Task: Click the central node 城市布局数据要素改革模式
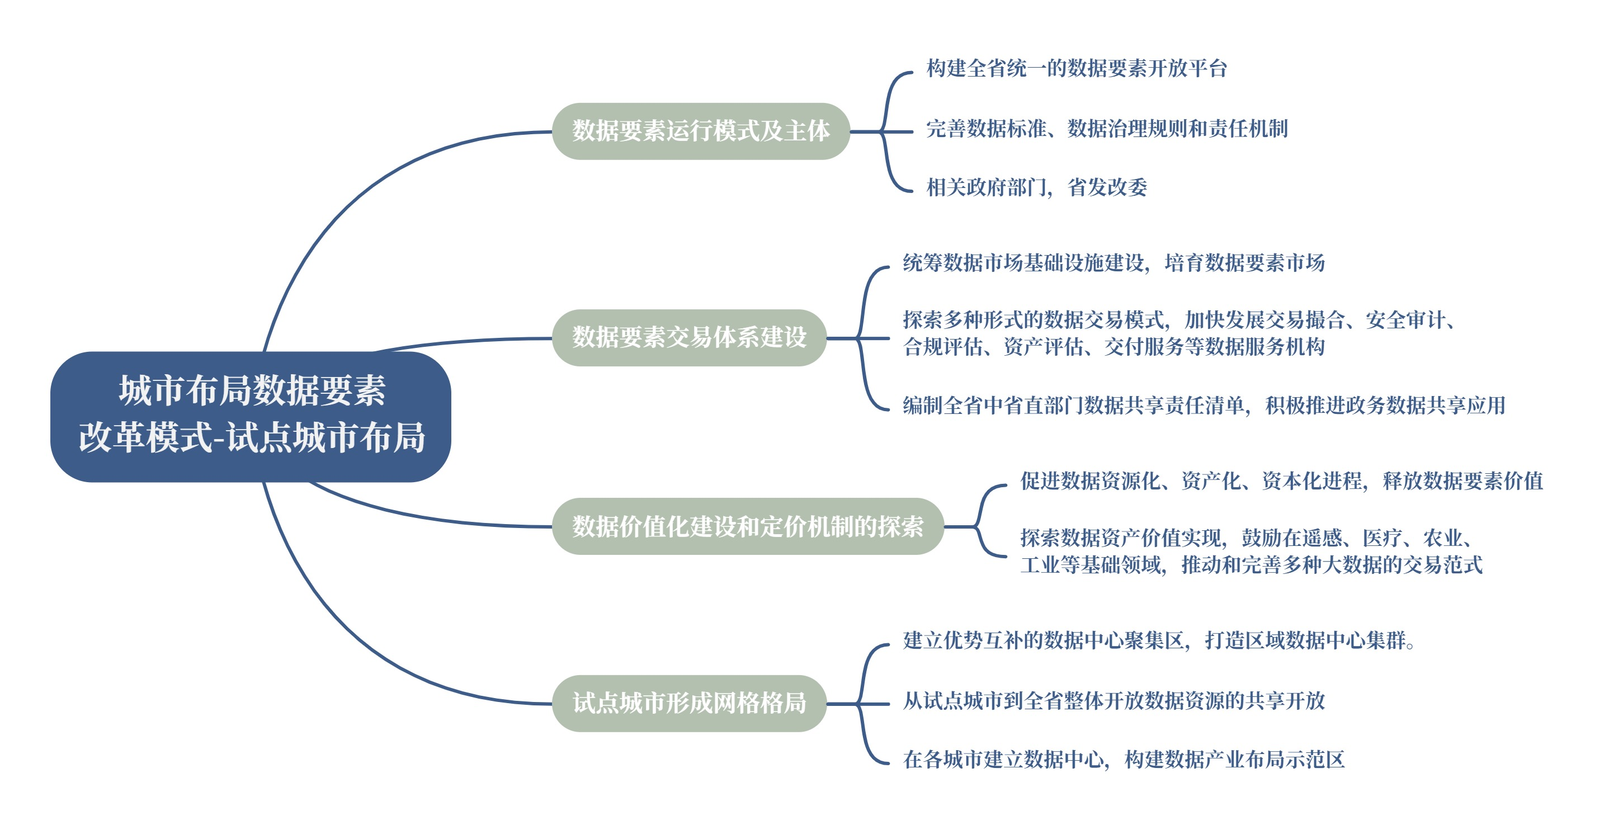pyautogui.click(x=251, y=416)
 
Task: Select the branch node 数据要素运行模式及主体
pyautogui.click(x=701, y=131)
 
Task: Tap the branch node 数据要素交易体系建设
pyautogui.click(x=689, y=337)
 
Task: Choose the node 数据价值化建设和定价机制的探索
pyautogui.click(x=748, y=526)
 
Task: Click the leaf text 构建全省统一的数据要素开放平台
pyautogui.click(x=1076, y=68)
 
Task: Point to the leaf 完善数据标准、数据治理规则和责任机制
pyautogui.click(x=1106, y=128)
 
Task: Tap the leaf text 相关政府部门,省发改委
pyautogui.click(x=1036, y=187)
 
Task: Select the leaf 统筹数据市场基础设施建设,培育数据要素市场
pyautogui.click(x=1113, y=262)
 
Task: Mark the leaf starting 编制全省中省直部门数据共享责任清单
pyautogui.click(x=1204, y=405)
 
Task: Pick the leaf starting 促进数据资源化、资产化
pyautogui.click(x=1281, y=480)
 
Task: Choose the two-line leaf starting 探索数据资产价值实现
pyautogui.click(x=1251, y=551)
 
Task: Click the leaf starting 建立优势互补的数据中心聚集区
pyautogui.click(x=1159, y=640)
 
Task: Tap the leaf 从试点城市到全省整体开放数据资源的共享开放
pyautogui.click(x=1113, y=700)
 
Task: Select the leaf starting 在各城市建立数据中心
pyautogui.click(x=1123, y=759)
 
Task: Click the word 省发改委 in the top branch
pyautogui.click(x=1107, y=187)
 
